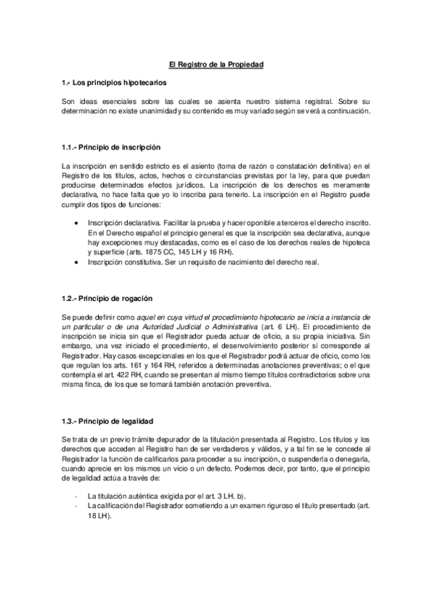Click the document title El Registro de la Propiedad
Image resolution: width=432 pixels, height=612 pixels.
point(211,65)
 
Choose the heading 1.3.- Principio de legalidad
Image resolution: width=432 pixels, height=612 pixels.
point(108,421)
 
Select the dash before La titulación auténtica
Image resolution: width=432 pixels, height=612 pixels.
point(76,497)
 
